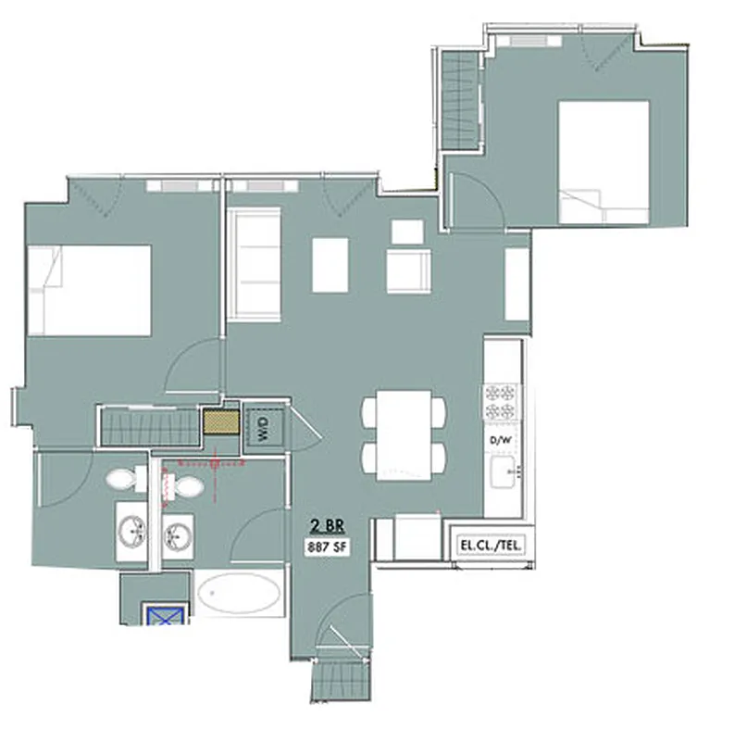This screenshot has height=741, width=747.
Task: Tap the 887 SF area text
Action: pos(328,546)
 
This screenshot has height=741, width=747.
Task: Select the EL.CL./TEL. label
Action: pos(491,546)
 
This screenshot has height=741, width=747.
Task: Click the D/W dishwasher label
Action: pos(500,438)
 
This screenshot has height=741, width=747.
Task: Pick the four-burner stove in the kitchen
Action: pos(500,403)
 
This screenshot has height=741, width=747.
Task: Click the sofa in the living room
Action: pos(254,265)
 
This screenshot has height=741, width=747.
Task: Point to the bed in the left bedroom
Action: pos(89,289)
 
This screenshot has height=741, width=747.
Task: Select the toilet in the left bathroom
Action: pos(125,479)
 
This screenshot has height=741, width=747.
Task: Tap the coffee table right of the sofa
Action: pos(330,265)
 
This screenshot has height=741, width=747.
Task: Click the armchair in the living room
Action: pos(406,270)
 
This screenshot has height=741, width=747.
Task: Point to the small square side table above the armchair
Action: pos(407,232)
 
